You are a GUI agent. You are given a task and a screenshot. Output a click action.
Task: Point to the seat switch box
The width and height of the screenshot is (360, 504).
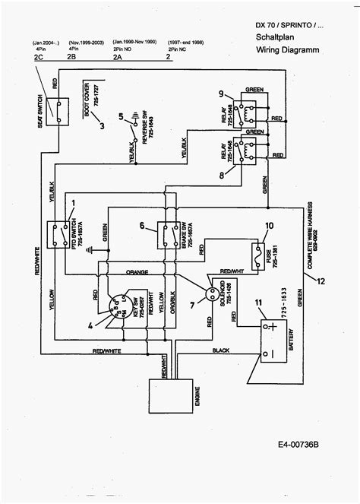52,111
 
